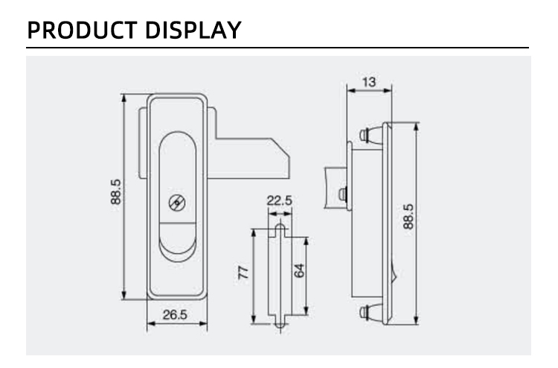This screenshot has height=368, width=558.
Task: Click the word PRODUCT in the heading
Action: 82,30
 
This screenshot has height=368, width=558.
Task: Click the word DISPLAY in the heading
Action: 193,30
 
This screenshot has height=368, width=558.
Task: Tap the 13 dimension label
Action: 369,82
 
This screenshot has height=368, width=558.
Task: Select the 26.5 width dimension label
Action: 175,314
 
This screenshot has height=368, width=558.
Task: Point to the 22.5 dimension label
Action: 279,200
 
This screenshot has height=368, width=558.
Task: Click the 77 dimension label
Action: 244,273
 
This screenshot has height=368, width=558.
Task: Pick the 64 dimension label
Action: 299,270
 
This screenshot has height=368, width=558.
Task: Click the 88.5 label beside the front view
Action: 115,191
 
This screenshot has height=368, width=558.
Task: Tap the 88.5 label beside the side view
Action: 408,217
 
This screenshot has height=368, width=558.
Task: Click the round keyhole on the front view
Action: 177,203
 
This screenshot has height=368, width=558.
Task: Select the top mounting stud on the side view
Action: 371,135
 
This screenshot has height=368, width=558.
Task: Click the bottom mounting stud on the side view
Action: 371,312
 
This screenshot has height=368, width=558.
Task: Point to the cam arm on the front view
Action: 249,158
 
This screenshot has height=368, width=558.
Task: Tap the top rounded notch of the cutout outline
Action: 280,229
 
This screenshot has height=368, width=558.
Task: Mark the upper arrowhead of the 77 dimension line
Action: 254,234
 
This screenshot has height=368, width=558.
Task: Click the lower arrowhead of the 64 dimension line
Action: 307,311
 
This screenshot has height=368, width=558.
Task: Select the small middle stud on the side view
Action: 342,194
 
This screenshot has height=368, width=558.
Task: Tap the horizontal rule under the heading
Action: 278,48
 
